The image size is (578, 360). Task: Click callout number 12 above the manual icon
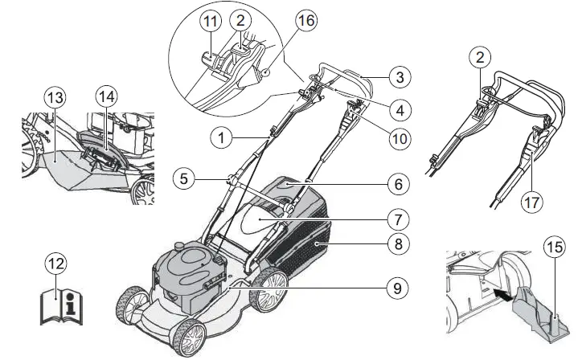click(56, 266)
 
